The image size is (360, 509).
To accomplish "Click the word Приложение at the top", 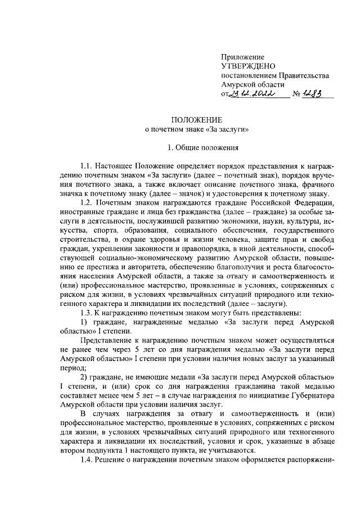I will (x=242, y=57).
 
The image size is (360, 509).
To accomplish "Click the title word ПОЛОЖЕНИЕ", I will (x=197, y=120).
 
